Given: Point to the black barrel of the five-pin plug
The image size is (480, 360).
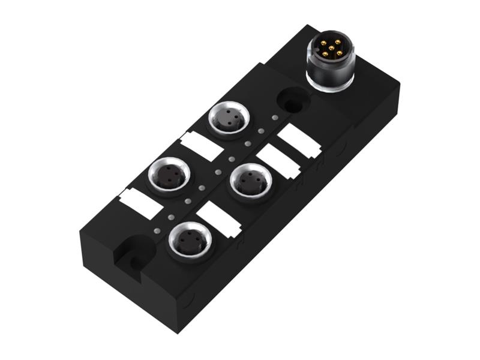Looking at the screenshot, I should click(x=331, y=70).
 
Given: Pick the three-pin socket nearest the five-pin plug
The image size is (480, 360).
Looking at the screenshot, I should click(x=227, y=118).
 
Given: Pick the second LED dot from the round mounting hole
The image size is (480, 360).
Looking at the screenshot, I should click(x=261, y=131).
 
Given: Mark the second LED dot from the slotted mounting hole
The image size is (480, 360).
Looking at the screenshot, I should click(x=171, y=216).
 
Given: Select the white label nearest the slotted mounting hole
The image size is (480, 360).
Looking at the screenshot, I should click(x=140, y=203).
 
